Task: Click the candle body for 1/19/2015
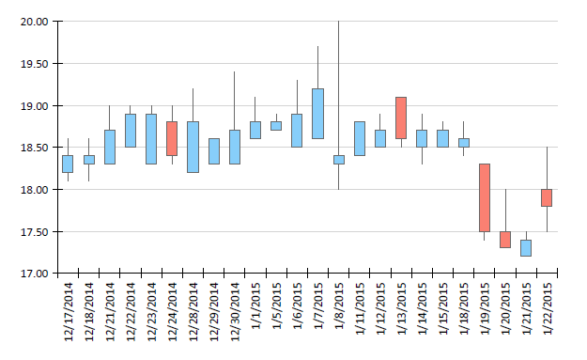(485, 197)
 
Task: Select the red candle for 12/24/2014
(172, 138)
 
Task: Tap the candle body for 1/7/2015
(317, 114)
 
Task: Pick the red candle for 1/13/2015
(401, 117)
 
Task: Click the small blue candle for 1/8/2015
(339, 160)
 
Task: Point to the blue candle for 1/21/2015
(526, 248)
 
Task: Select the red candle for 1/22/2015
(547, 197)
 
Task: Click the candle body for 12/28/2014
(193, 147)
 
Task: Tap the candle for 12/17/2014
(68, 164)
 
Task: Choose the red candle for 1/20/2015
(505, 240)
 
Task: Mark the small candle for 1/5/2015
(276, 126)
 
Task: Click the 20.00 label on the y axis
(35, 22)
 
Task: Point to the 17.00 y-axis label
(35, 274)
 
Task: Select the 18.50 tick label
(35, 148)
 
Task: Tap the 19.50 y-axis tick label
(35, 64)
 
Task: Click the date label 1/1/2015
(255, 306)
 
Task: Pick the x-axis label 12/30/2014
(235, 312)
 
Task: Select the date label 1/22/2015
(547, 308)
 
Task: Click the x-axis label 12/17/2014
(69, 312)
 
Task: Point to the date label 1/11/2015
(360, 308)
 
